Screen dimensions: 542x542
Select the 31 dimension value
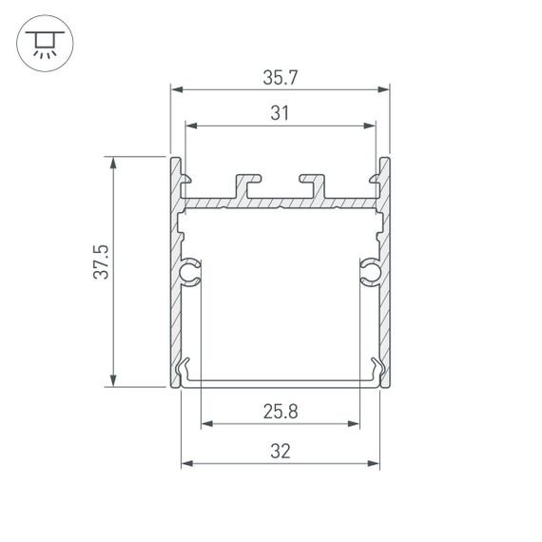click(x=280, y=114)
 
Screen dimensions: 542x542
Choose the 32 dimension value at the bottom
click(x=280, y=453)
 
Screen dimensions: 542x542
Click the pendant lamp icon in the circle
click(x=43, y=43)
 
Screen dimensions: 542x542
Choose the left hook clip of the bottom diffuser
click(x=186, y=371)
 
